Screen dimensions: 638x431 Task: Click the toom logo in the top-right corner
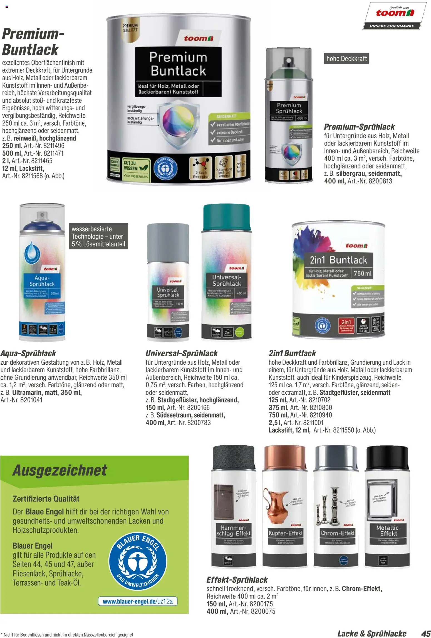[395, 13]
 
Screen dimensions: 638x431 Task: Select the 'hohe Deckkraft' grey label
[346, 59]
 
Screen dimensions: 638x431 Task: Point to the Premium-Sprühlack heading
[359, 127]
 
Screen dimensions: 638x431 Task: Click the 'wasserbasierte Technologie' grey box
[98, 237]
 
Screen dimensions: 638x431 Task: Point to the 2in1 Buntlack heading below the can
[292, 354]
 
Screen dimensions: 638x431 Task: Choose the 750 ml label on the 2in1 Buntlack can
[363, 273]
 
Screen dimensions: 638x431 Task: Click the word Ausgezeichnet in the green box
[60, 470]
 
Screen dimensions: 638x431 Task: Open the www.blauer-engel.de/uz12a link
[138, 602]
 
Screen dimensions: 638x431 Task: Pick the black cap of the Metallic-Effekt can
[388, 459]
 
